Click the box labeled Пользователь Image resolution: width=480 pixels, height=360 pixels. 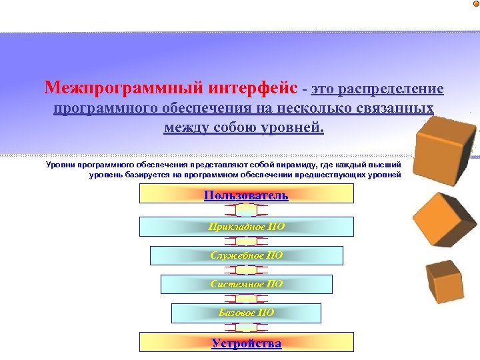pos(246,194)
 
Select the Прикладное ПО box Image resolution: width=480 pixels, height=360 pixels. pos(246,227)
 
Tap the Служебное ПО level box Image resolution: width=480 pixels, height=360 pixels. pos(246,255)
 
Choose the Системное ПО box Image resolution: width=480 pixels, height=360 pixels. pos(246,284)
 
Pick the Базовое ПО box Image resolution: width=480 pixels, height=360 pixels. pos(246,313)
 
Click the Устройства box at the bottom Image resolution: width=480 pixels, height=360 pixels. pos(246,343)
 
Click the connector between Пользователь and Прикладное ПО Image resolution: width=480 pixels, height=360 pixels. pos(246,210)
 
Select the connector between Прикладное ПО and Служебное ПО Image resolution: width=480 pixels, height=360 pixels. pos(246,241)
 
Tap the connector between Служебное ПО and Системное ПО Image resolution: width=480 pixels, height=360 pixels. pos(246,270)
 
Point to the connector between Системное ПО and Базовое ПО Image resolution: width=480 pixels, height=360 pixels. pos(246,299)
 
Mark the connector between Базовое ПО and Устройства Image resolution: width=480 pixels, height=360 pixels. pos(246,327)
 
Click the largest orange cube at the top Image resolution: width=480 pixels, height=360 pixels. pos(445,147)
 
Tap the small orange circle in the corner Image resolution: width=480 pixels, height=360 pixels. pos(475,4)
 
